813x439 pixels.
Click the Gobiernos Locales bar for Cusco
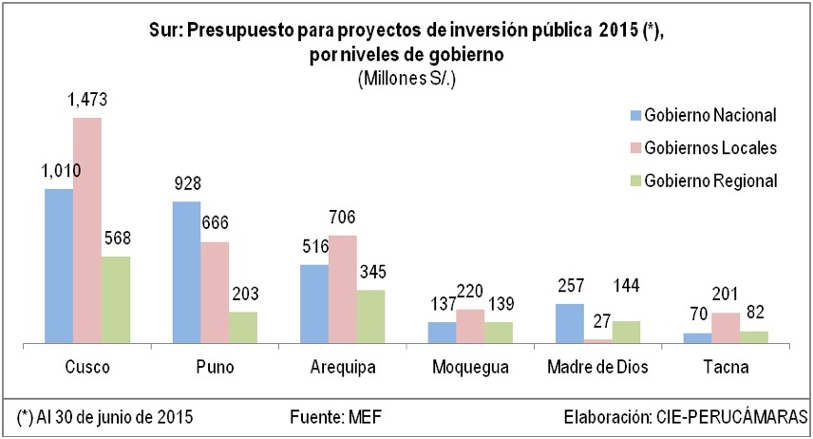click(x=87, y=229)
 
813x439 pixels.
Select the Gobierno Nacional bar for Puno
click(x=187, y=271)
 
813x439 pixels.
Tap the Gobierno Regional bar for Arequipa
click(x=370, y=315)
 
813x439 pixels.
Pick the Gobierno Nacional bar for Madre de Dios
click(x=570, y=322)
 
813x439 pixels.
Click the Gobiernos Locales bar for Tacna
click(x=726, y=327)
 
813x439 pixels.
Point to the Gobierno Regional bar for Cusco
click(x=116, y=298)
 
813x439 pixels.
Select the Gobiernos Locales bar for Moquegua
click(x=470, y=325)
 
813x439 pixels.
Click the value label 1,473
click(x=87, y=98)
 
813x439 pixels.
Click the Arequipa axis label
click(x=342, y=366)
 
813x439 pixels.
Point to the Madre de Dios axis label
click(x=598, y=366)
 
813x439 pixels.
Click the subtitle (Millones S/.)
click(x=406, y=79)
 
